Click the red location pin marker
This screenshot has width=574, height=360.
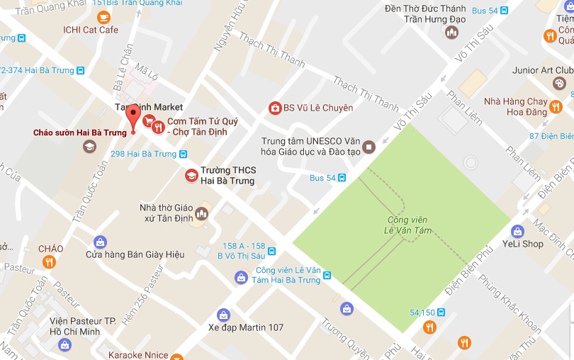(x=133, y=118)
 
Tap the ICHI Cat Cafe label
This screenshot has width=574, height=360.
(x=90, y=30)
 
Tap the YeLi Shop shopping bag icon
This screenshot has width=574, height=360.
(x=518, y=231)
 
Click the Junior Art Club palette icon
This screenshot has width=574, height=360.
(x=559, y=84)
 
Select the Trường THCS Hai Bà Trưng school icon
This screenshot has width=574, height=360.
(x=191, y=175)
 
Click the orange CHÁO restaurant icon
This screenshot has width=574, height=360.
(x=49, y=262)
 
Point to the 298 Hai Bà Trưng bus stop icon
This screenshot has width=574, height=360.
(x=184, y=154)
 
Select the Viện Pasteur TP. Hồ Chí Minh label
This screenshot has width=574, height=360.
(x=82, y=327)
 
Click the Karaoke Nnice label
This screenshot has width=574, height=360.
(x=139, y=354)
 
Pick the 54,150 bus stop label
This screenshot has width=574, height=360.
(x=422, y=312)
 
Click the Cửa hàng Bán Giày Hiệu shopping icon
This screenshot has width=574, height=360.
(x=100, y=242)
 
